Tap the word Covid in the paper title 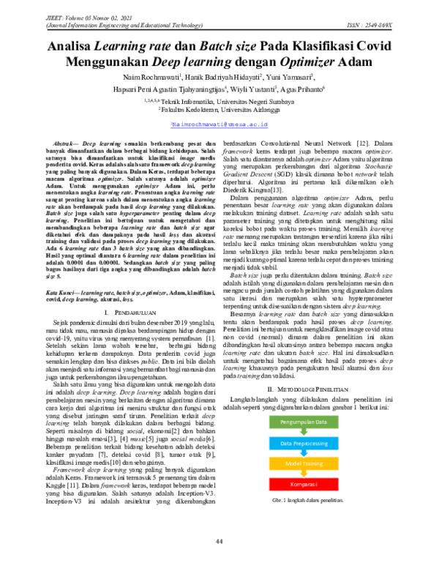tap(375, 45)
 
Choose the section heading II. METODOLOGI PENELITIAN tap(314, 408)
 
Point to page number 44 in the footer tap(219, 541)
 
